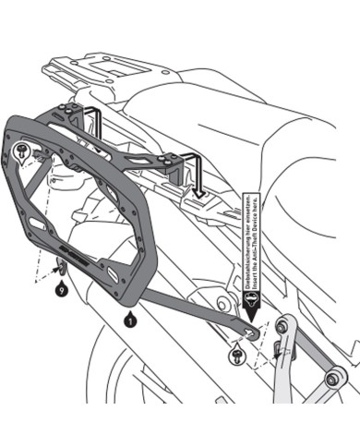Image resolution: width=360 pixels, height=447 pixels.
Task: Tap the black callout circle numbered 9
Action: pyautogui.click(x=61, y=290)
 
